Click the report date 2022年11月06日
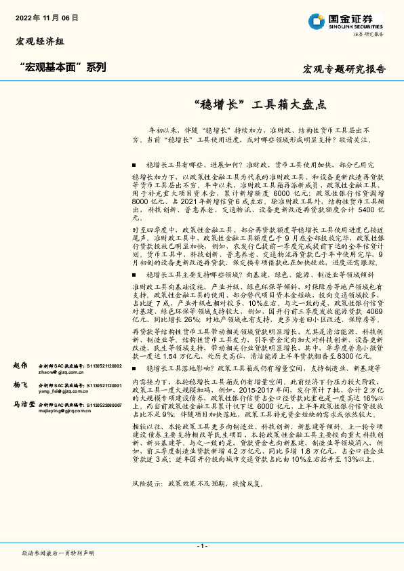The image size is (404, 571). tap(46, 17)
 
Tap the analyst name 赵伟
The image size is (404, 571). tap(22, 365)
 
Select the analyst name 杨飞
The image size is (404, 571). tap(22, 384)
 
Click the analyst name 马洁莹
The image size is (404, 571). tap(24, 404)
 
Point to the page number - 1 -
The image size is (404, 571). tap(201, 545)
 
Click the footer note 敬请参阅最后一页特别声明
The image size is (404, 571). tap(58, 553)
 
